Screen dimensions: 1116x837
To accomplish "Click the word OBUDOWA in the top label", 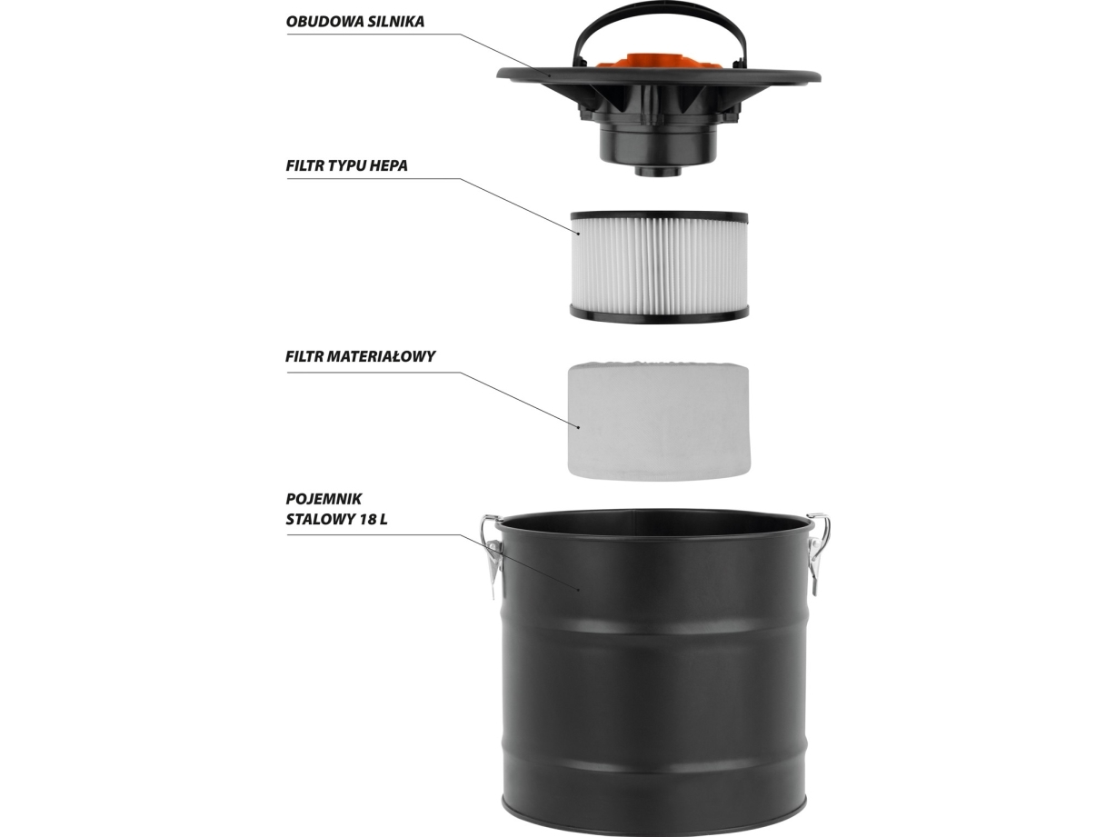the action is (318, 22).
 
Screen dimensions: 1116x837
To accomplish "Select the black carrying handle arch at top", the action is (658, 25).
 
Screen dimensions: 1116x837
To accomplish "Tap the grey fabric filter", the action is (659, 420).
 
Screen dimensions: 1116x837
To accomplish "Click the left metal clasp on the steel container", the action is (492, 556).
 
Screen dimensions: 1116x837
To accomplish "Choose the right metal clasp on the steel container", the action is (818, 553).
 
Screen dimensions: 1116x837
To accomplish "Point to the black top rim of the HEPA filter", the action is (659, 217).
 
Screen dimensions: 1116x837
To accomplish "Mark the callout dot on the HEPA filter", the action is (579, 234).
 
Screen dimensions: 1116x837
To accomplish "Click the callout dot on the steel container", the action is (579, 590).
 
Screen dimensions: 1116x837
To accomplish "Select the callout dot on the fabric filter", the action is (579, 427).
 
